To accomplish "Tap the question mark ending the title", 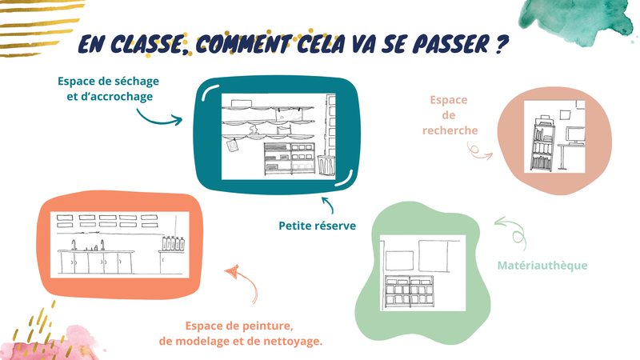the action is pyautogui.click(x=502, y=44).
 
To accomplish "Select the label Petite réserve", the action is pyautogui.click(x=317, y=226).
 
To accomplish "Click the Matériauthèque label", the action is pyautogui.click(x=542, y=266).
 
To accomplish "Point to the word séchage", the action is pyautogui.click(x=137, y=82).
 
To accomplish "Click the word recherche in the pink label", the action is pyautogui.click(x=450, y=130).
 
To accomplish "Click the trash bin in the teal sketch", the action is pyautogui.click(x=326, y=165).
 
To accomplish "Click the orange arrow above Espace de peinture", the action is pyautogui.click(x=244, y=282).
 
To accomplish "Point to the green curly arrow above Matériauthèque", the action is pyautogui.click(x=512, y=231).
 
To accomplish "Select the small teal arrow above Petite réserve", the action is pyautogui.click(x=328, y=205).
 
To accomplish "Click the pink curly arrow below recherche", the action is pyautogui.click(x=478, y=151).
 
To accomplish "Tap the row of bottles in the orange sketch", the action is pyautogui.click(x=174, y=243).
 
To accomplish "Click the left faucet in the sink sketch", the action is pyautogui.click(x=74, y=245).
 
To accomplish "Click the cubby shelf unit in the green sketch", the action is pyautogui.click(x=409, y=292).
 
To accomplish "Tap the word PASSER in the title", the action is pyautogui.click(x=450, y=44).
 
